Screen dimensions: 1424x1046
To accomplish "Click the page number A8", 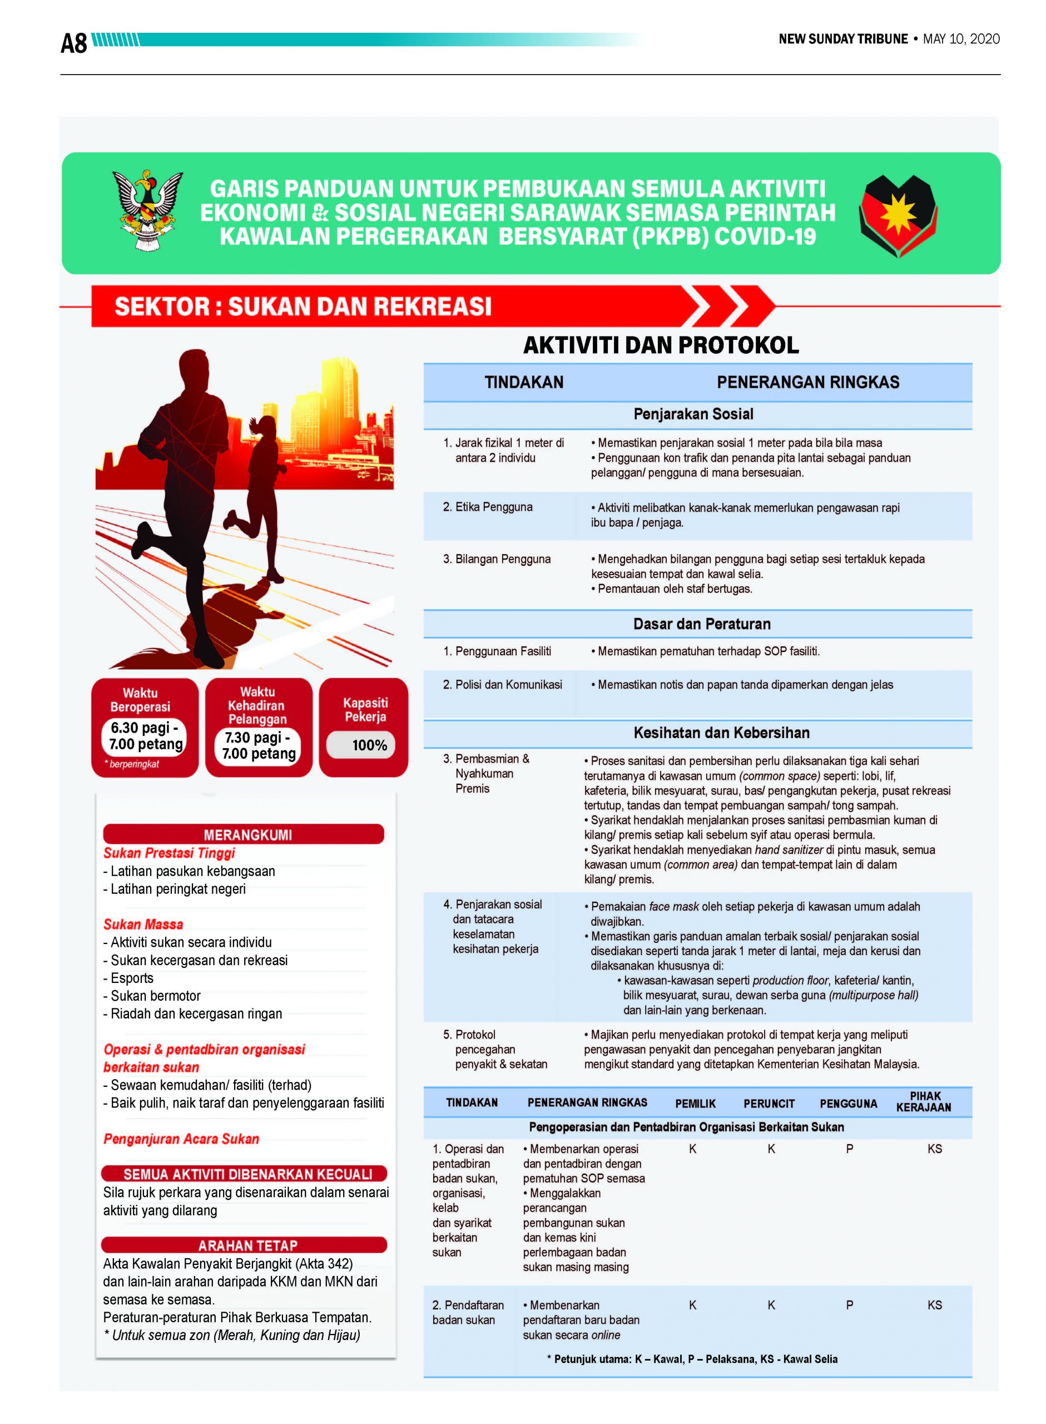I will pyautogui.click(x=73, y=43).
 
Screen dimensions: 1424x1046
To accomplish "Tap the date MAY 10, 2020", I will pyautogui.click(x=960, y=39).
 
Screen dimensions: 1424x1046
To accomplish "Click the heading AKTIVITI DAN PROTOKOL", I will pyautogui.click(x=661, y=345).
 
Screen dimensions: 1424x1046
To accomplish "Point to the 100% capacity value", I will pyautogui.click(x=369, y=745).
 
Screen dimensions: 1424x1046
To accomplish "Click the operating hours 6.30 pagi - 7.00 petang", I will pyautogui.click(x=146, y=736).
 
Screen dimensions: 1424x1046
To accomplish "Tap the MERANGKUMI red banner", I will pyautogui.click(x=247, y=834).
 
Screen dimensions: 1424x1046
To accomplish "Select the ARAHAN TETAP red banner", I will pyautogui.click(x=247, y=1245).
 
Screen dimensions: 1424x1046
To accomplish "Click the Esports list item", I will pyautogui.click(x=132, y=978).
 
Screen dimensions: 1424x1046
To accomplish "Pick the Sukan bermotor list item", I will pyautogui.click(x=155, y=996).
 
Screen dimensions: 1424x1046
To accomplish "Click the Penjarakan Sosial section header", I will pyautogui.click(x=693, y=414).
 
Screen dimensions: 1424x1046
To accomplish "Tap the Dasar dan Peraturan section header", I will pyautogui.click(x=702, y=624).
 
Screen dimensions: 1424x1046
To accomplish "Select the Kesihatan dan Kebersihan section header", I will pyautogui.click(x=721, y=733).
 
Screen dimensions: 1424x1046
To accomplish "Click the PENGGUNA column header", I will pyautogui.click(x=848, y=1104).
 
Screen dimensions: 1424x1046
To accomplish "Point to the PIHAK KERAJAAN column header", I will pyautogui.click(x=924, y=1102).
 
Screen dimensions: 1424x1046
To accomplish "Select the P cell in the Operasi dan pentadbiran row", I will pyautogui.click(x=849, y=1149).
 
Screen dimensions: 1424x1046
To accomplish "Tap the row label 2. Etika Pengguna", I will pyautogui.click(x=488, y=507).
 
